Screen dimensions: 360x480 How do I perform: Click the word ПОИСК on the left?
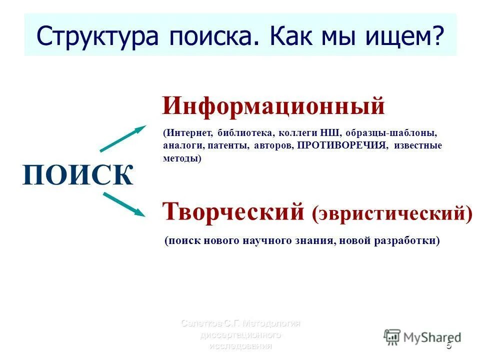pyautogui.click(x=78, y=175)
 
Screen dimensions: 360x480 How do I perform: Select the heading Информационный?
pyautogui.click(x=273, y=106)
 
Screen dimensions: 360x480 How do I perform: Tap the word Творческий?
pyautogui.click(x=233, y=211)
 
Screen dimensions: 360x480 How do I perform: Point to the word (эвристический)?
pyautogui.click(x=392, y=213)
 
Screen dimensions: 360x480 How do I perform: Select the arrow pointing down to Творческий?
pyautogui.click(x=123, y=204)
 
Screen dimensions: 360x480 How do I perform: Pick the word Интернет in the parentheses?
pyautogui.click(x=189, y=134)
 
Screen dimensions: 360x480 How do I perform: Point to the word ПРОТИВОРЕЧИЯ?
pyautogui.click(x=342, y=145)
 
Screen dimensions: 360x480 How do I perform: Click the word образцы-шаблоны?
pyautogui.click(x=397, y=134)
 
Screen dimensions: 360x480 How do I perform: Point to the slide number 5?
pyautogui.click(x=448, y=345)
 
